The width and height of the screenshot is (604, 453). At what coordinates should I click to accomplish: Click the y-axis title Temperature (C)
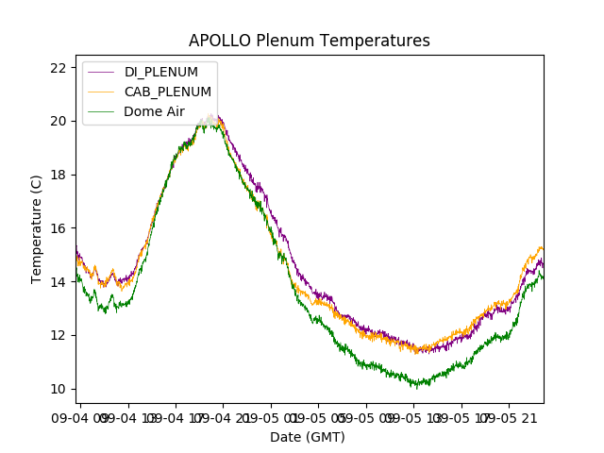[x=37, y=228]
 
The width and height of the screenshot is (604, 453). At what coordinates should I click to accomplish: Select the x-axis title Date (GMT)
[x=308, y=437]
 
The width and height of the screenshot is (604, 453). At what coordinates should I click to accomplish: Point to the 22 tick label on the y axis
[x=58, y=67]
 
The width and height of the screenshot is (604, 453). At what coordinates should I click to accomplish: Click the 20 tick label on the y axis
[x=58, y=121]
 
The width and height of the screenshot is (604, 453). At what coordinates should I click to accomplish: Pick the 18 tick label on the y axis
[x=58, y=175]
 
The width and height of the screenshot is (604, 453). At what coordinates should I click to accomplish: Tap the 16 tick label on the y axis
[x=58, y=228]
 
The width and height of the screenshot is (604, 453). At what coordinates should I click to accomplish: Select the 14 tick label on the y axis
[x=58, y=281]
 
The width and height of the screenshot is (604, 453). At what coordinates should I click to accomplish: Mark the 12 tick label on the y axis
[x=58, y=335]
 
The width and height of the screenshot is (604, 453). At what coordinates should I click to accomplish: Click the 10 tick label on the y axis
[x=58, y=389]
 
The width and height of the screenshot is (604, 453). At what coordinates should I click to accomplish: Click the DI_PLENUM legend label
[x=161, y=73]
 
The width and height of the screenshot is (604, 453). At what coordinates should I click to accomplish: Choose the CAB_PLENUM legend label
[x=168, y=92]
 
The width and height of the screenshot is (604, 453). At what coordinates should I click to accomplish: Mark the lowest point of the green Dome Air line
[x=416, y=386]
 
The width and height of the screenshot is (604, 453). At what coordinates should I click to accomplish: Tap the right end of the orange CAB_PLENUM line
[x=543, y=249]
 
